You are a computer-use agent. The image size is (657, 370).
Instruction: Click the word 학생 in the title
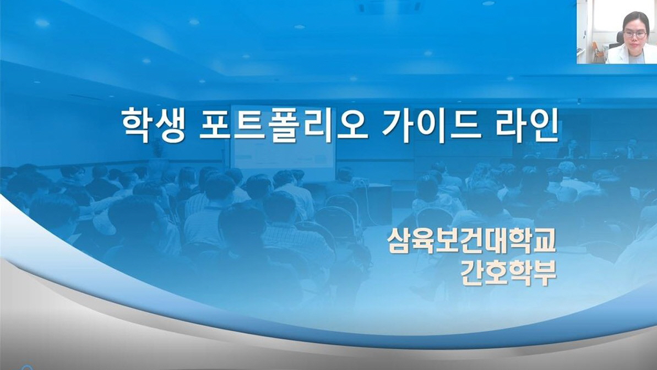click(153, 126)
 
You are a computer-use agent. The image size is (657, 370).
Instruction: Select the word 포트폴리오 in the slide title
click(284, 126)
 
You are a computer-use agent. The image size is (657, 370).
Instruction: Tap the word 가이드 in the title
click(432, 126)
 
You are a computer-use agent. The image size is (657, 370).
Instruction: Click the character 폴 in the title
click(284, 126)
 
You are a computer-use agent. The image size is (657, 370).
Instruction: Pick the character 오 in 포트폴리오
click(352, 126)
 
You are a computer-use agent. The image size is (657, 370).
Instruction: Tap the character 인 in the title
click(544, 126)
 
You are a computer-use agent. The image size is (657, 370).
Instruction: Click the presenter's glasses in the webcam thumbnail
click(635, 34)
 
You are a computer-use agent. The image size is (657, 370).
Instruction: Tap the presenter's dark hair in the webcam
click(636, 18)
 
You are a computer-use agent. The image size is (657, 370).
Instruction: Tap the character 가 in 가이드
click(398, 126)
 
